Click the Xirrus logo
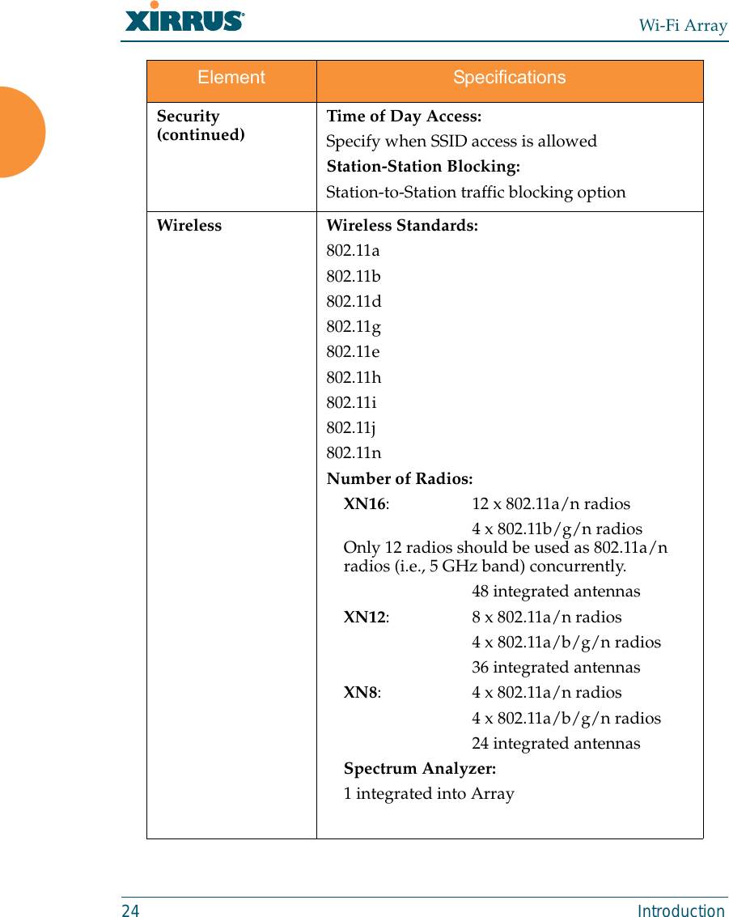pyautogui.click(x=184, y=19)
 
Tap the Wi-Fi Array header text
pyautogui.click(x=682, y=25)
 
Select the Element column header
pyautogui.click(x=231, y=78)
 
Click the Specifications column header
pyautogui.click(x=509, y=78)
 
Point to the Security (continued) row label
pyautogui.click(x=200, y=125)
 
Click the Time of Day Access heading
pyautogui.click(x=403, y=117)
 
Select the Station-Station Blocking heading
pyautogui.click(x=422, y=167)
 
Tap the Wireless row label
pyautogui.click(x=189, y=226)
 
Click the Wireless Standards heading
pyautogui.click(x=401, y=226)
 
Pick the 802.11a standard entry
pyautogui.click(x=353, y=251)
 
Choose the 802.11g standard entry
pyautogui.click(x=353, y=327)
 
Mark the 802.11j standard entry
pyautogui.click(x=350, y=428)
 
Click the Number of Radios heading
pyautogui.click(x=400, y=479)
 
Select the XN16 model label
pyautogui.click(x=365, y=504)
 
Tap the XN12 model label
pyautogui.click(x=365, y=618)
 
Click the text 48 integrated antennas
pyautogui.click(x=556, y=592)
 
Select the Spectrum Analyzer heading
pyautogui.click(x=420, y=768)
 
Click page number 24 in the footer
pyautogui.click(x=130, y=911)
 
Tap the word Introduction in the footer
pyautogui.click(x=680, y=911)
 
